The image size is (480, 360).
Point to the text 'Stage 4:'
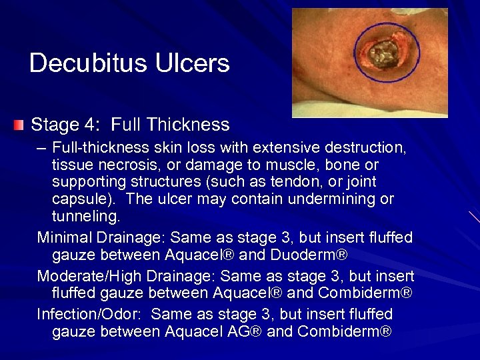pos(66,125)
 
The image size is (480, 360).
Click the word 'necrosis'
pos(119,164)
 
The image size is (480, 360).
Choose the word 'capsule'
pos(78,199)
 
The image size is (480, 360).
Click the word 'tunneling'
pos(85,217)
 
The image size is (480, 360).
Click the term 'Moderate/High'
pos(91,276)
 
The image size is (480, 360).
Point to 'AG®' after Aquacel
pos(242,332)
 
